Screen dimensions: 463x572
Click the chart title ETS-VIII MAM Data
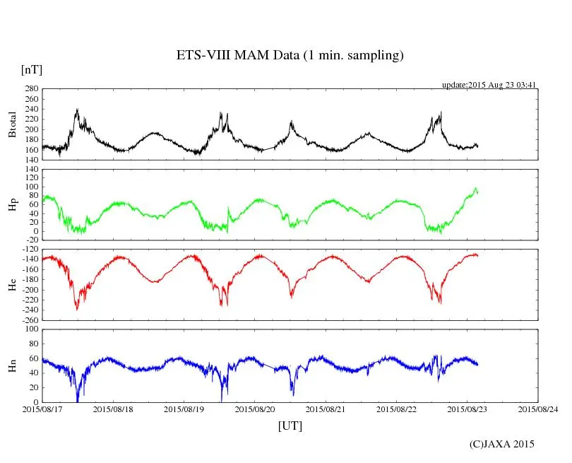tap(290, 56)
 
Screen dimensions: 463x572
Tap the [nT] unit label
tap(32, 70)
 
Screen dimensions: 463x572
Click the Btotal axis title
tap(12, 124)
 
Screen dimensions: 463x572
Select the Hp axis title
tap(12, 205)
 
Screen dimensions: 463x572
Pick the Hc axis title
tap(12, 285)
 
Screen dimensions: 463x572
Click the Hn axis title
tap(12, 365)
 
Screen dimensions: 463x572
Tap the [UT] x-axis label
tap(290, 426)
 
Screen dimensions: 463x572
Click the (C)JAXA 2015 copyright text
tap(502, 444)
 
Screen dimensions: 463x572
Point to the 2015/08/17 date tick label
tap(42, 409)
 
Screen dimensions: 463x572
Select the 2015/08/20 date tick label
tap(255, 409)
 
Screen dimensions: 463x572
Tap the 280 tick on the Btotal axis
tap(31, 89)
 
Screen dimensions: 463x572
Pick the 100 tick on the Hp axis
tap(31, 187)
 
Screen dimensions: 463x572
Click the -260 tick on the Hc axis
tap(29, 320)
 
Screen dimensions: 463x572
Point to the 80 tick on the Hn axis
tap(33, 344)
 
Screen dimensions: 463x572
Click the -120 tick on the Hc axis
tap(29, 250)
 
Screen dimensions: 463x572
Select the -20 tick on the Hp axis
tap(31, 240)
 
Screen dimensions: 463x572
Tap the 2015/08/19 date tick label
tap(184, 409)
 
